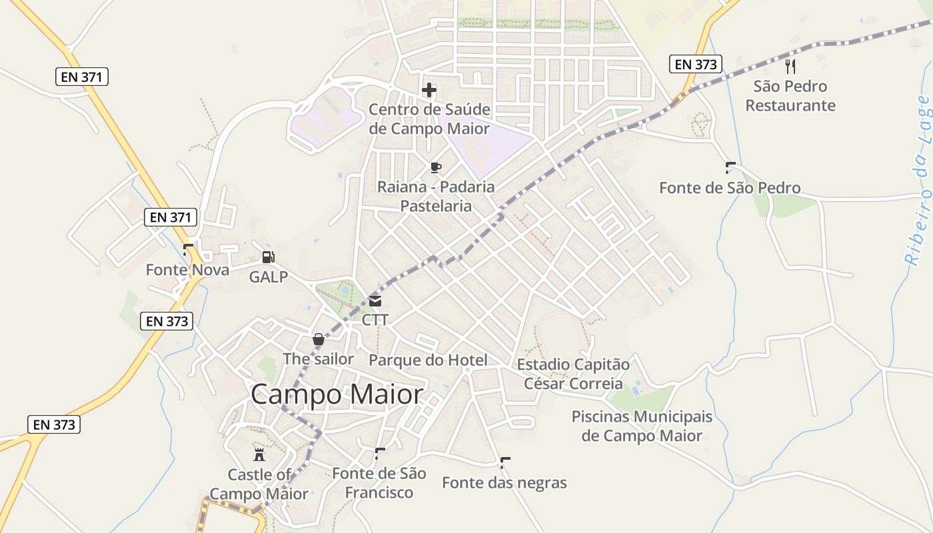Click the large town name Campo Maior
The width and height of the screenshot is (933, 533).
337,394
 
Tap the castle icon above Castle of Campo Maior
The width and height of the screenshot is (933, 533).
259,455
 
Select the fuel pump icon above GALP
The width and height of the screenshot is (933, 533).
268,257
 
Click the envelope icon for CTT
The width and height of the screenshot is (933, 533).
375,301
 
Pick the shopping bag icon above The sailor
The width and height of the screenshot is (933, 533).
319,339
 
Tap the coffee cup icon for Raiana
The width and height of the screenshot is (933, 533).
436,167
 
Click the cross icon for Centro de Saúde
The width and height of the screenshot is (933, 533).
429,90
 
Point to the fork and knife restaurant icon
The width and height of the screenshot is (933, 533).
790,67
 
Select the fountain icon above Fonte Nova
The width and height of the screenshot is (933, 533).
187,251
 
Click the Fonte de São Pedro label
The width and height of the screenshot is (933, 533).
730,188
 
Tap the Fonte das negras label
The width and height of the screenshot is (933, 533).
504,482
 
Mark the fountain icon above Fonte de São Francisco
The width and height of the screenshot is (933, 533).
380,454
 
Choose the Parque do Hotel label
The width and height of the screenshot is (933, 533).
428,360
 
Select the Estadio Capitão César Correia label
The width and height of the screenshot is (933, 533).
573,374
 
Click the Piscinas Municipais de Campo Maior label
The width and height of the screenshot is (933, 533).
642,426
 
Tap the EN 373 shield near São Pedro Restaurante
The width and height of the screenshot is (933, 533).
696,64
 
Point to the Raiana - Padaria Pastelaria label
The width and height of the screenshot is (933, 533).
436,196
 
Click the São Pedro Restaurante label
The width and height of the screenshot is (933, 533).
790,96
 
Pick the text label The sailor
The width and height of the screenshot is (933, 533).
318,359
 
